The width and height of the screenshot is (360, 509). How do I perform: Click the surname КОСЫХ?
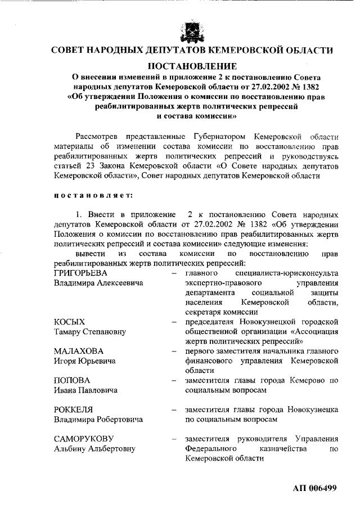(69, 322)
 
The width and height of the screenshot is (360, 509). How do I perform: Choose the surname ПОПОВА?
(70, 380)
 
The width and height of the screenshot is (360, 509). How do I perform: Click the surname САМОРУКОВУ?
(84, 439)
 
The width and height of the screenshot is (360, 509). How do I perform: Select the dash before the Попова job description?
(174, 381)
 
